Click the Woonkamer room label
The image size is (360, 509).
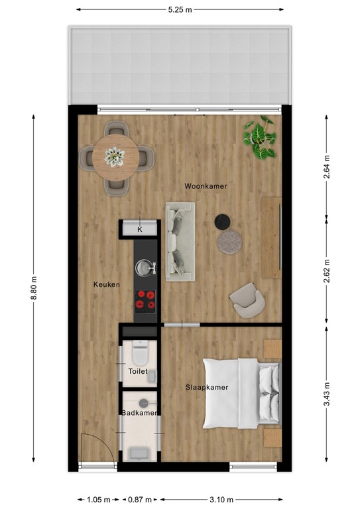206,186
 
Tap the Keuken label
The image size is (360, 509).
106,285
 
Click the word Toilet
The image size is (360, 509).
138,372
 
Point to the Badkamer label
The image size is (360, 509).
139,413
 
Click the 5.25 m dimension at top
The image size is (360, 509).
180,10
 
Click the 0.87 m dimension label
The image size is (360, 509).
139,499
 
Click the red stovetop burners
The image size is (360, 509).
145,302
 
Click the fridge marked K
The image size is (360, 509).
139,229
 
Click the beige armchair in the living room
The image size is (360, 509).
247,300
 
